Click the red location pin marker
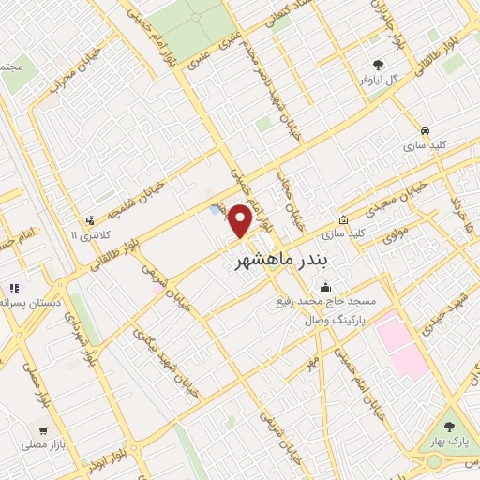(242, 219)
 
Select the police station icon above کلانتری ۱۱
(91, 220)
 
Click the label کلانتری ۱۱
(91, 234)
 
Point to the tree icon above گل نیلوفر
(379, 64)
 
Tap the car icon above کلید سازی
(425, 130)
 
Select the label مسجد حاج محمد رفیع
(335, 302)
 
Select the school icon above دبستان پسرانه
(14, 288)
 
